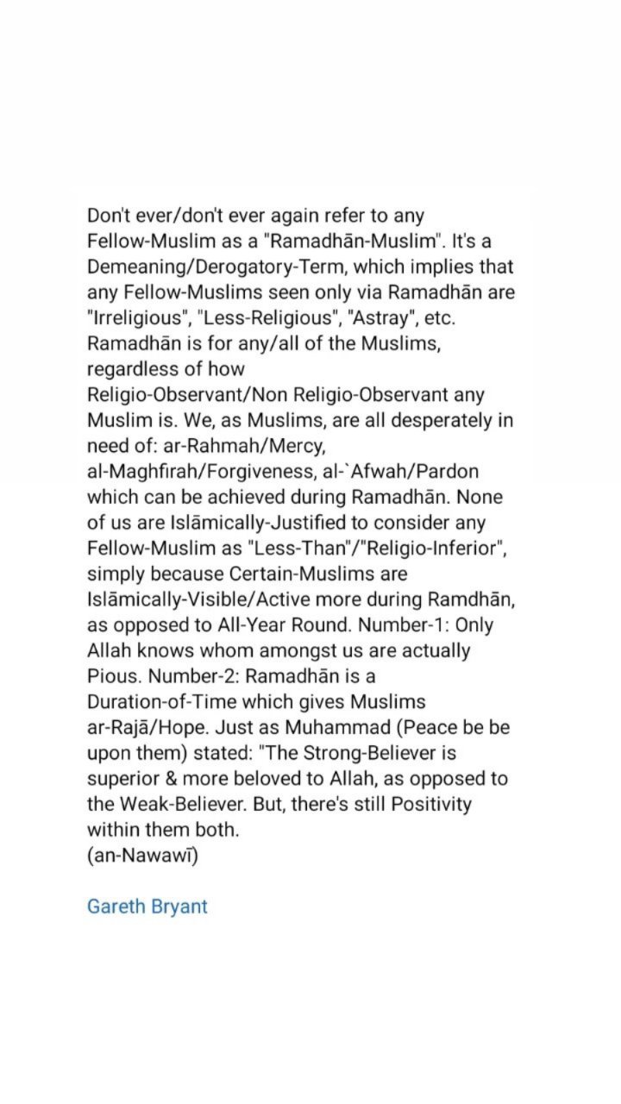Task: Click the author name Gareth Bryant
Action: point(147,906)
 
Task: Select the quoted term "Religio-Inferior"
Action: point(430,549)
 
